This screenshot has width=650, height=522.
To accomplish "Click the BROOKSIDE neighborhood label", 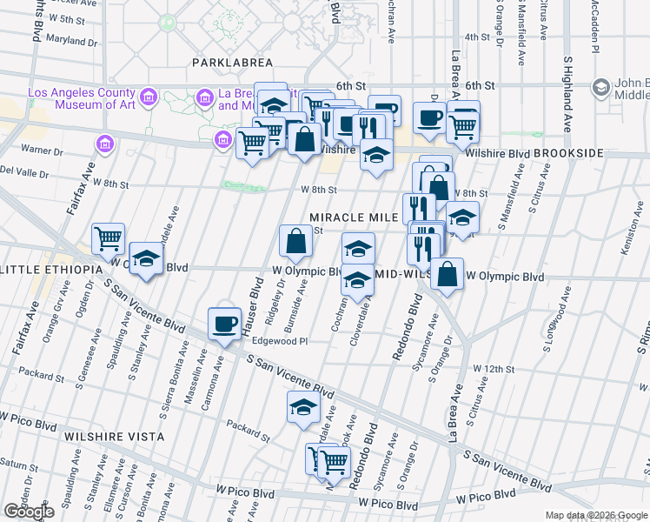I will [x=568, y=153].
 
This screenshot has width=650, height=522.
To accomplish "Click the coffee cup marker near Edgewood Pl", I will [x=224, y=324].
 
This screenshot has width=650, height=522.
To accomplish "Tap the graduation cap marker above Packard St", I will [x=303, y=407].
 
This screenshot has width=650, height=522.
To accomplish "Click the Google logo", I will [x=29, y=512].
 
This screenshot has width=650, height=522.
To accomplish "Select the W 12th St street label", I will [x=494, y=369].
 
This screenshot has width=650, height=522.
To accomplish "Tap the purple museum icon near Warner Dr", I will [x=105, y=142].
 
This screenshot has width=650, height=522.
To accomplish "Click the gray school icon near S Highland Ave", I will [x=600, y=87].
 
